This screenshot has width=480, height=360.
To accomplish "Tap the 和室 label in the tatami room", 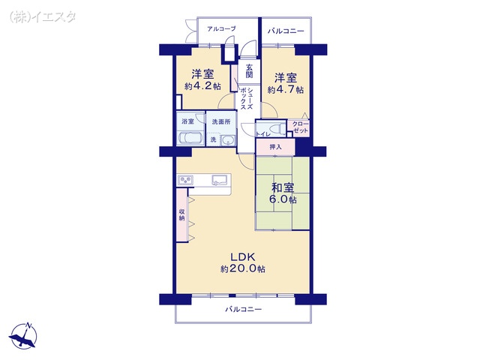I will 282,187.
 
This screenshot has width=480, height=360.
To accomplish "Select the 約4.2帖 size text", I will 202,87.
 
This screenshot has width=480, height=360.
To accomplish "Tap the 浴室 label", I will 187,121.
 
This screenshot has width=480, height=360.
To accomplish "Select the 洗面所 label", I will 220,121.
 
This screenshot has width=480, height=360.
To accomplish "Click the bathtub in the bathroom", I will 189,138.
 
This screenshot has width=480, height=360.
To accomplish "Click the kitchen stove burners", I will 186,180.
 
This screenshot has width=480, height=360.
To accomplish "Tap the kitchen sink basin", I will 220,180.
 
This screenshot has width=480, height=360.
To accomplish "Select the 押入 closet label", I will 276,148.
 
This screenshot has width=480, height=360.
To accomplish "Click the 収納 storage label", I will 181,214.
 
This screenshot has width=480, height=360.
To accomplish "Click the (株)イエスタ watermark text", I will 42,15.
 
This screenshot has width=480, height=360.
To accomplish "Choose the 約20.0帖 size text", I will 242,269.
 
